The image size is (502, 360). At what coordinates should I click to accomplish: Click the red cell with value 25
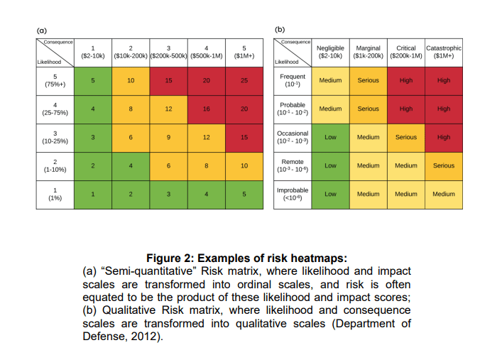[x=244, y=81]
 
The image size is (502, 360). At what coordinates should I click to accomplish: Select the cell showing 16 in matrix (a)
[x=206, y=109]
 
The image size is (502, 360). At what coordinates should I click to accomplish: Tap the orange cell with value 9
[x=168, y=138]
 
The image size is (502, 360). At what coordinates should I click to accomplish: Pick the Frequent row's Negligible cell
[x=330, y=81]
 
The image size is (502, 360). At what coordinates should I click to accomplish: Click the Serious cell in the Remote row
[x=444, y=165]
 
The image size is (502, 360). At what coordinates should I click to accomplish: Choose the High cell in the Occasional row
[x=444, y=137]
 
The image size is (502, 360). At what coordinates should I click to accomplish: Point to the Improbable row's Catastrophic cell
[x=444, y=194]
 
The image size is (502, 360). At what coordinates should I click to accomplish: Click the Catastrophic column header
[x=444, y=52]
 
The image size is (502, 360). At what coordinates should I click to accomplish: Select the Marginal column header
[x=368, y=52]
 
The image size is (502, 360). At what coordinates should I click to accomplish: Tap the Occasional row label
[x=293, y=137]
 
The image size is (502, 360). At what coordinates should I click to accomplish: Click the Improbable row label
[x=293, y=194]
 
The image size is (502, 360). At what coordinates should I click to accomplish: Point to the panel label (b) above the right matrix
[x=279, y=31]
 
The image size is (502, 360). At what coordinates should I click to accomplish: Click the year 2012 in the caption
[x=146, y=337]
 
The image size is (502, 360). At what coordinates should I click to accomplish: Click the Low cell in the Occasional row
[x=330, y=137]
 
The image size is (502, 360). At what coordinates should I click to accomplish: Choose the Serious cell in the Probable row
[x=368, y=109]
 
